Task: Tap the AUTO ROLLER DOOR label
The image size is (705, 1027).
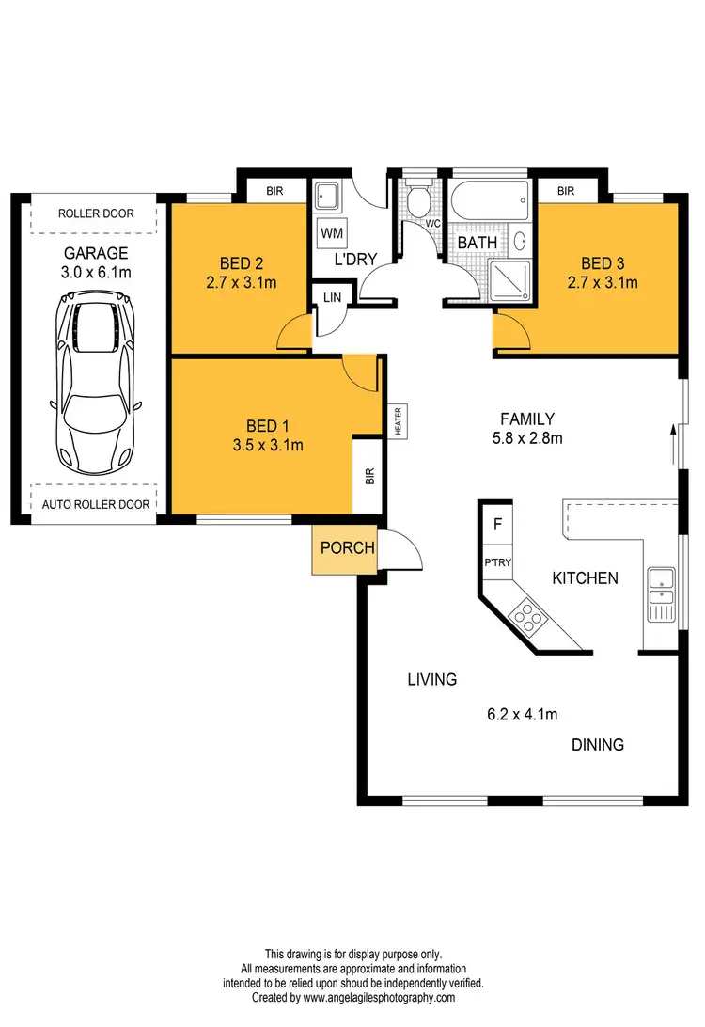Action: [96, 505]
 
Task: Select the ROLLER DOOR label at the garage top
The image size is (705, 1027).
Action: [96, 213]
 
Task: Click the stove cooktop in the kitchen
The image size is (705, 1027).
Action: [527, 618]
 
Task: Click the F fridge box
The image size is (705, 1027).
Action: [497, 525]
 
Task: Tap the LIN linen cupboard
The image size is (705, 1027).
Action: [332, 296]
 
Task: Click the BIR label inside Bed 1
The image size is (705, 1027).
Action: [368, 476]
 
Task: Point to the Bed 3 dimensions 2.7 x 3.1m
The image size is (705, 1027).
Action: [603, 282]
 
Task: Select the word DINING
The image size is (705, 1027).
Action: [598, 745]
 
